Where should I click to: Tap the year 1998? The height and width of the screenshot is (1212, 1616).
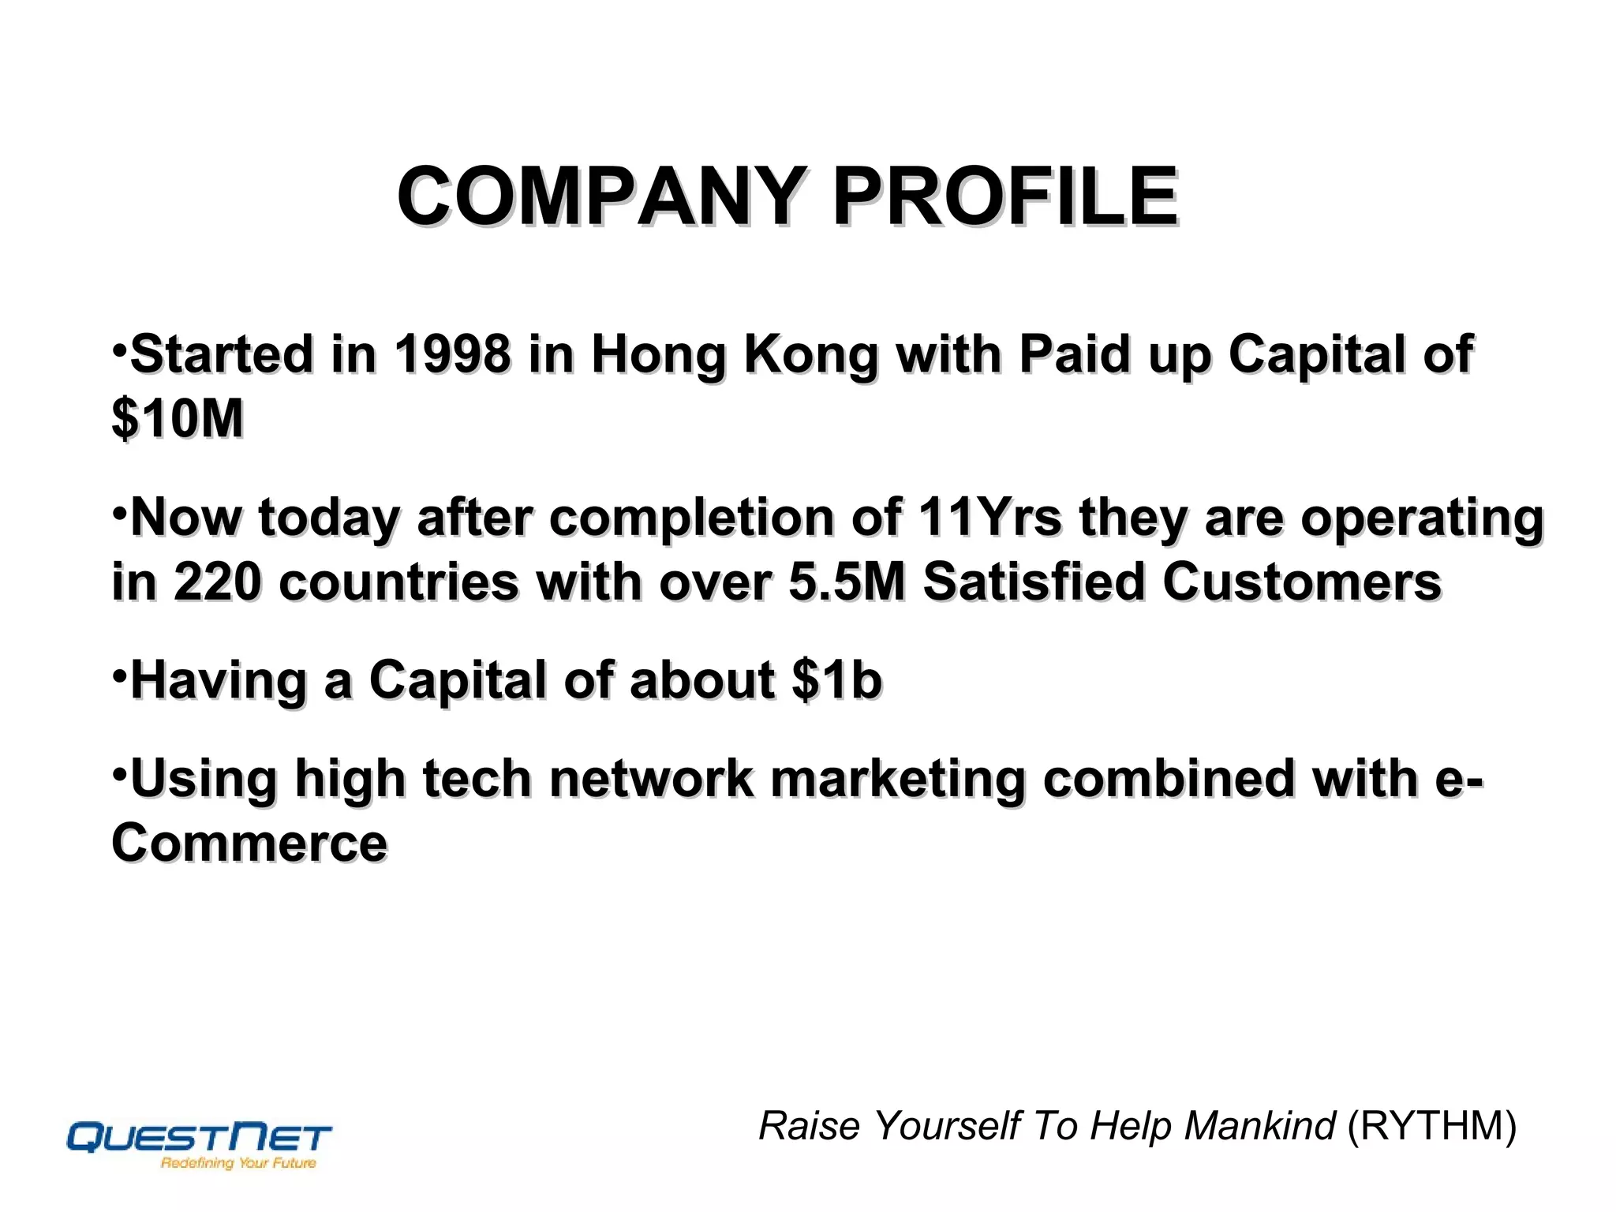[x=452, y=354]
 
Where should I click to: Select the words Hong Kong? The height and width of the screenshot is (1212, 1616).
[x=734, y=354]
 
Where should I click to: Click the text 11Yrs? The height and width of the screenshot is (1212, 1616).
[x=989, y=518]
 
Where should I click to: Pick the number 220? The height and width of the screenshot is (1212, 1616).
[x=217, y=582]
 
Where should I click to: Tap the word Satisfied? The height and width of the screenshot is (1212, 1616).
[x=1033, y=582]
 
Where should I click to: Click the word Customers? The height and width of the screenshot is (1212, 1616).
[x=1302, y=582]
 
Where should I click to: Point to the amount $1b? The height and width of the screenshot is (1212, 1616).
[x=836, y=680]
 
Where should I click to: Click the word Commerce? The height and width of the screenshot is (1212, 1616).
[x=249, y=843]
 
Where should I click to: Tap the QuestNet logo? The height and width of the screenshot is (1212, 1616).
[x=199, y=1138]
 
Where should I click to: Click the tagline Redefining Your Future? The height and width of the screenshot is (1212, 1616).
[x=238, y=1163]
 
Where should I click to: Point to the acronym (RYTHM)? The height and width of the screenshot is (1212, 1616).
[x=1431, y=1126]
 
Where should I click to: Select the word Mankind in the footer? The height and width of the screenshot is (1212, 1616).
[x=1259, y=1126]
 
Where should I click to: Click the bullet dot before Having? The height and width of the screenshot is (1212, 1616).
[x=119, y=675]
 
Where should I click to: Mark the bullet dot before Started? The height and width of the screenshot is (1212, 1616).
[x=119, y=349]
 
